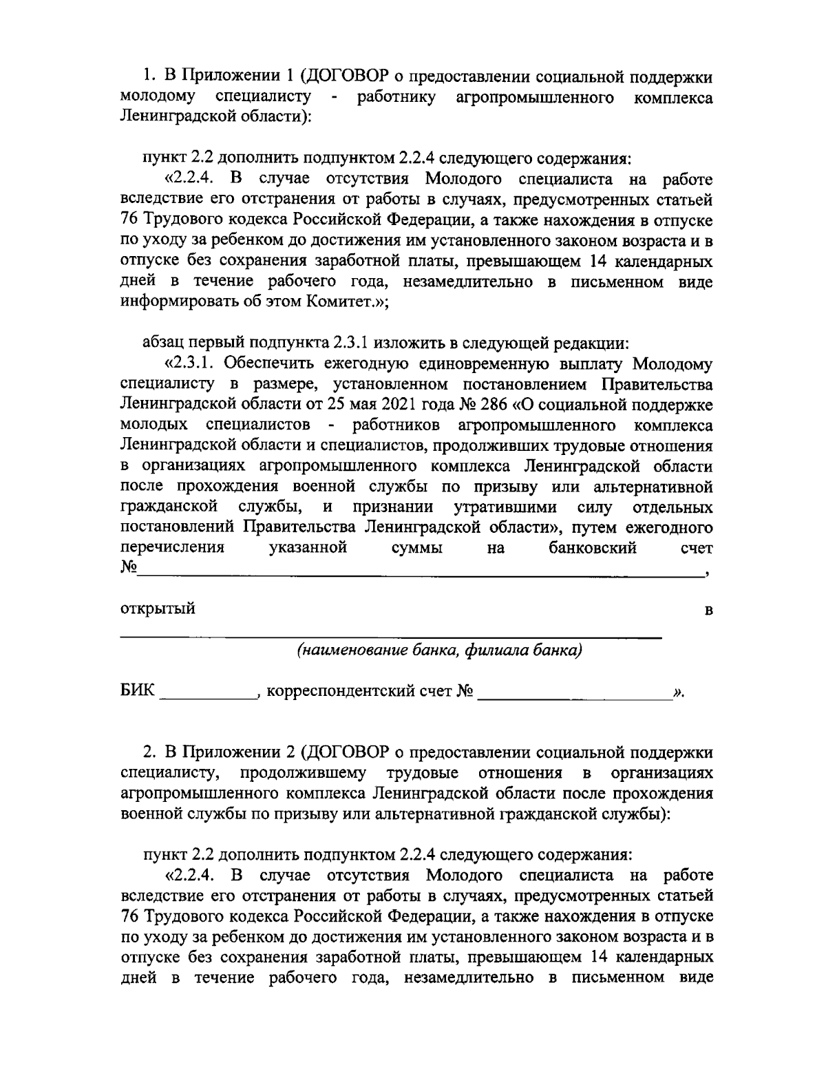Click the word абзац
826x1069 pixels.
pyautogui.click(x=163, y=341)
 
